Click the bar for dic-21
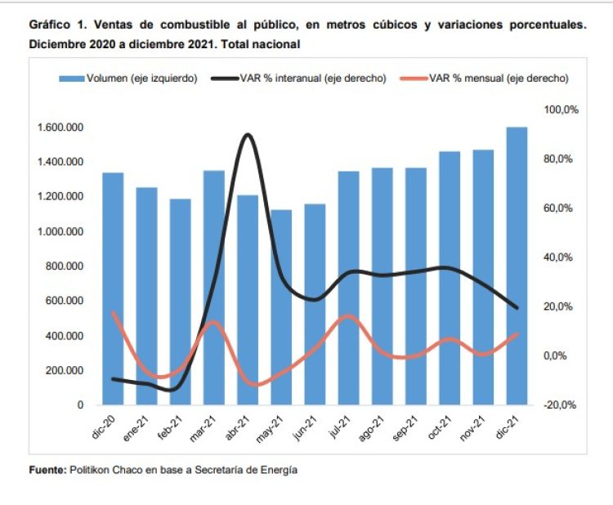click(x=517, y=266)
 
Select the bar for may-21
click(x=281, y=307)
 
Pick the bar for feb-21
click(x=181, y=302)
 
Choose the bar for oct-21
click(x=450, y=278)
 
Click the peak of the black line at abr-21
click(x=247, y=134)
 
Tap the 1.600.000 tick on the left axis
click(x=60, y=127)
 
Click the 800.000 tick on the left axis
click(x=64, y=266)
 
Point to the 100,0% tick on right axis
click(x=562, y=109)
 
